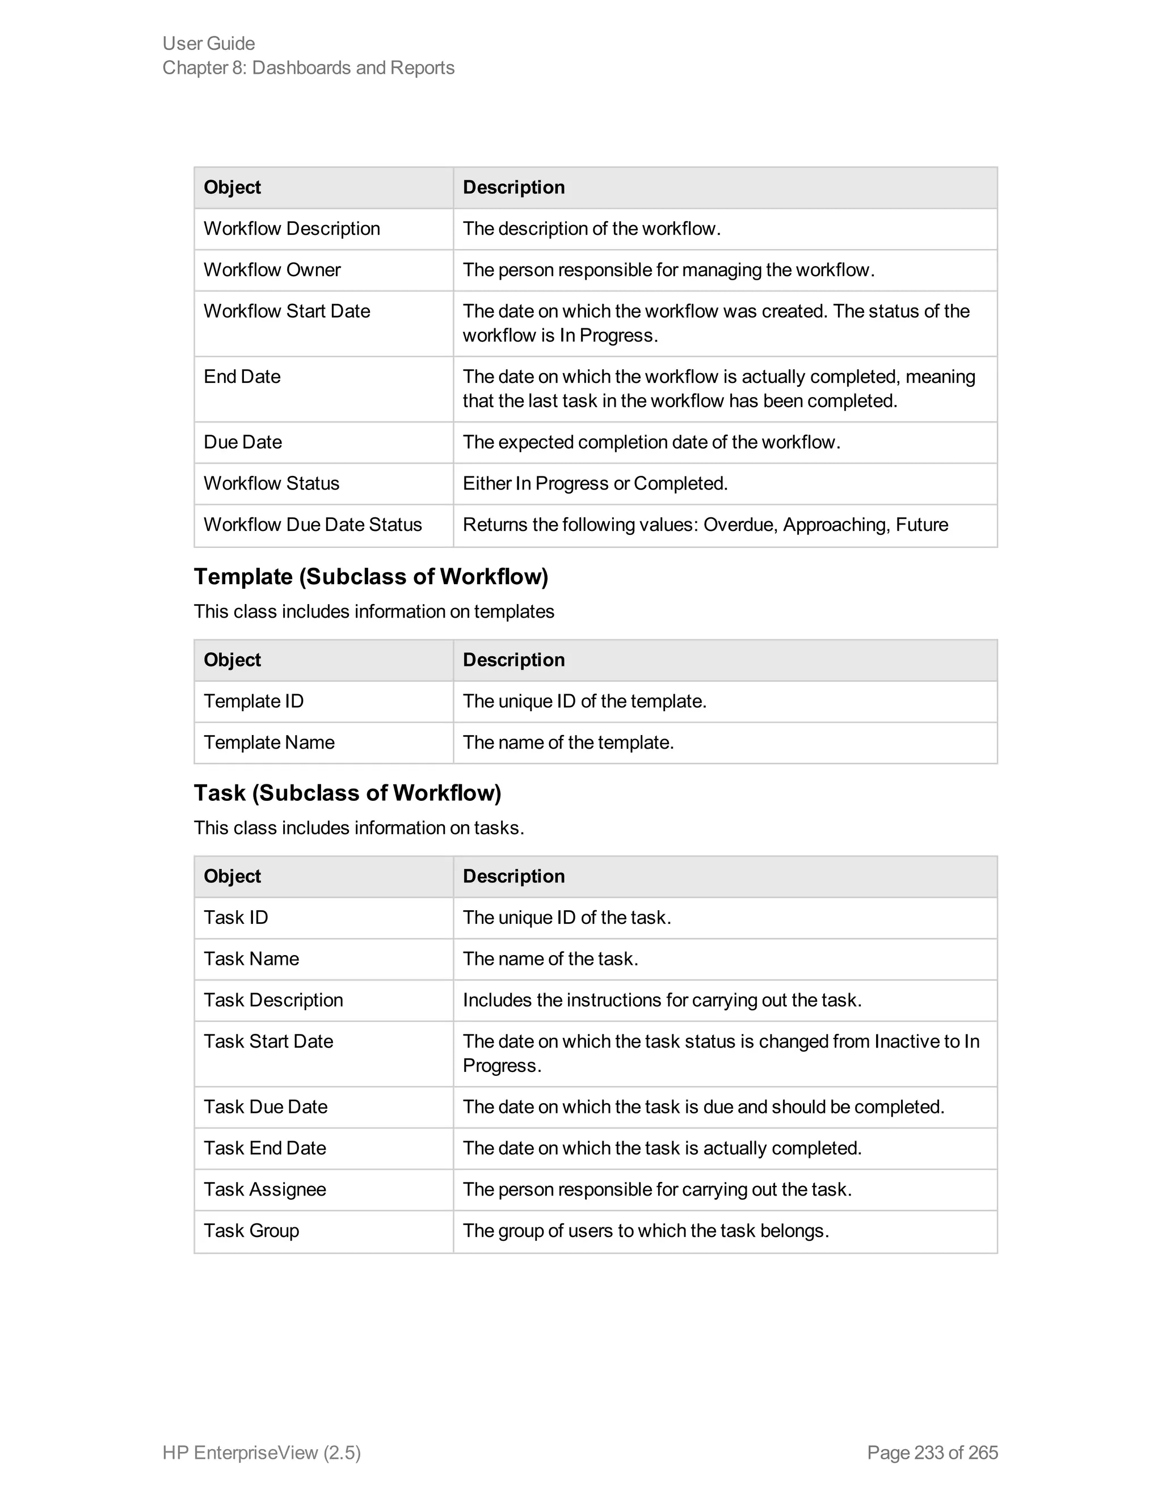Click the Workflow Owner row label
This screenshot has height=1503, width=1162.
point(272,270)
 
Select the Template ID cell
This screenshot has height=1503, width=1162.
point(253,701)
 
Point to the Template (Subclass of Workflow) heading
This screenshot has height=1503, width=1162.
point(371,577)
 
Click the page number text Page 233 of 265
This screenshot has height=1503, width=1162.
point(932,1452)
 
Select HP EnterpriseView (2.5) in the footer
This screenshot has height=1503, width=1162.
point(262,1452)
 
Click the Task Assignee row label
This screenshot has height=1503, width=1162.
point(264,1189)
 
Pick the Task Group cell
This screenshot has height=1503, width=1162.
point(251,1231)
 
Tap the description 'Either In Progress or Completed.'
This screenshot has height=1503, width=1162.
point(595,483)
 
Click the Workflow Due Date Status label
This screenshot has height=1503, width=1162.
point(313,525)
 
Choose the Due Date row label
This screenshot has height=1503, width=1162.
point(242,442)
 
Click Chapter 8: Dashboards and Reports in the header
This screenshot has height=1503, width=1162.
point(309,67)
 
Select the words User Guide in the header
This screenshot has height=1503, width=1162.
point(209,43)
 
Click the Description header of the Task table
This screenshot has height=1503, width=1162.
point(513,876)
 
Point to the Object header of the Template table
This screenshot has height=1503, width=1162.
point(232,660)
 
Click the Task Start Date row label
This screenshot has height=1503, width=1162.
point(268,1041)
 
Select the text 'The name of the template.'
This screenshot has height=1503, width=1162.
point(568,742)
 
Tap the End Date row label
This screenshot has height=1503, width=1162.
point(242,377)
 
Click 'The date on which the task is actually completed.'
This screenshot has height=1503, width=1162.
point(662,1148)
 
